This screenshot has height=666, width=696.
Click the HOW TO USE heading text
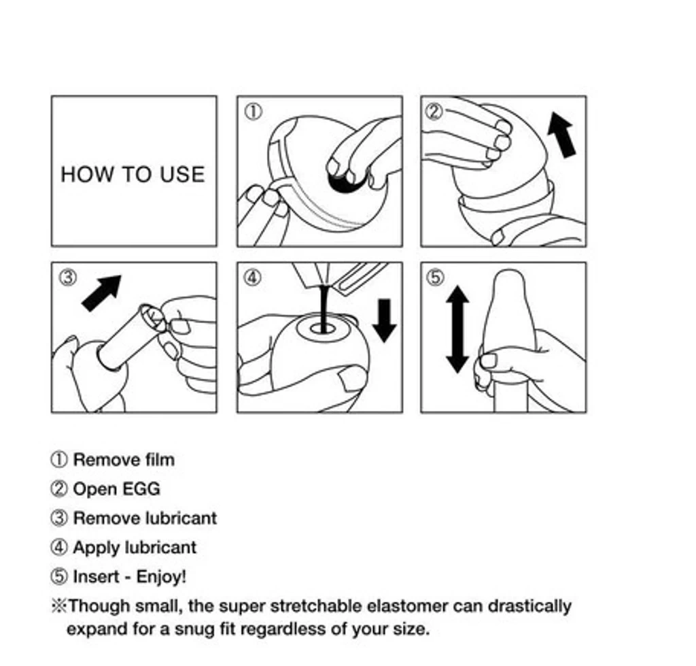point(133,174)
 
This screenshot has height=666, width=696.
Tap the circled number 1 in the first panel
point(254,112)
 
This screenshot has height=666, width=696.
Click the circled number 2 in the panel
point(434,111)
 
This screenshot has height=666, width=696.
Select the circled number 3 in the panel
point(68,278)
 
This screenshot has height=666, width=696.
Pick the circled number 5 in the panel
point(435,278)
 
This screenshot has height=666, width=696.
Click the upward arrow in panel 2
point(561,135)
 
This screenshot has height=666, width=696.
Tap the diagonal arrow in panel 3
point(102,293)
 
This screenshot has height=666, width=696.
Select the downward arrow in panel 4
point(384,320)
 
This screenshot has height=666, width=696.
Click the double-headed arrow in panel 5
point(457,329)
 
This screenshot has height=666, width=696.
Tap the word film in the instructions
point(160,460)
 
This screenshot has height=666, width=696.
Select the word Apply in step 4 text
point(94,548)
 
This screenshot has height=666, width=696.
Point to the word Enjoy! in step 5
point(161,578)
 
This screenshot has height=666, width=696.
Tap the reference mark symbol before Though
point(58,606)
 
